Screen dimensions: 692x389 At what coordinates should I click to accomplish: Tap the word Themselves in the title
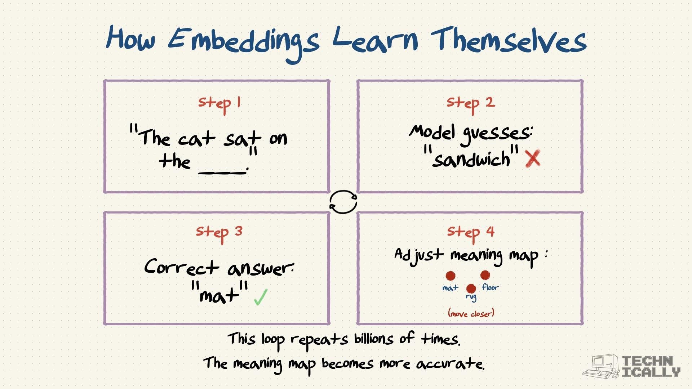(509, 41)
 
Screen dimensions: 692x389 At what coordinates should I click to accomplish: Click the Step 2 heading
(471, 104)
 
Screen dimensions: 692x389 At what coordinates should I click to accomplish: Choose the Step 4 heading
(471, 233)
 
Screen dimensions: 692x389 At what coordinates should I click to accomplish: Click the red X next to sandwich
(533, 158)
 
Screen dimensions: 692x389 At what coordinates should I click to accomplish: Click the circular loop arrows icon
(343, 202)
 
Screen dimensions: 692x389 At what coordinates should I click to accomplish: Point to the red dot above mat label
(450, 276)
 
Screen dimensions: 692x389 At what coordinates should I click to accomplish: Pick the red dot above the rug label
(471, 288)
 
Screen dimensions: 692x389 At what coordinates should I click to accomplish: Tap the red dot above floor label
(485, 275)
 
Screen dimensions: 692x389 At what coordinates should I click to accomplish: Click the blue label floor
(491, 287)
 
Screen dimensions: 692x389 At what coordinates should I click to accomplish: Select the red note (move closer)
(471, 313)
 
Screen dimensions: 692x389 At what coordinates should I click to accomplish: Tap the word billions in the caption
(374, 339)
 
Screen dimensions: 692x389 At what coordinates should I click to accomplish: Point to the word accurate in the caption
(451, 364)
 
